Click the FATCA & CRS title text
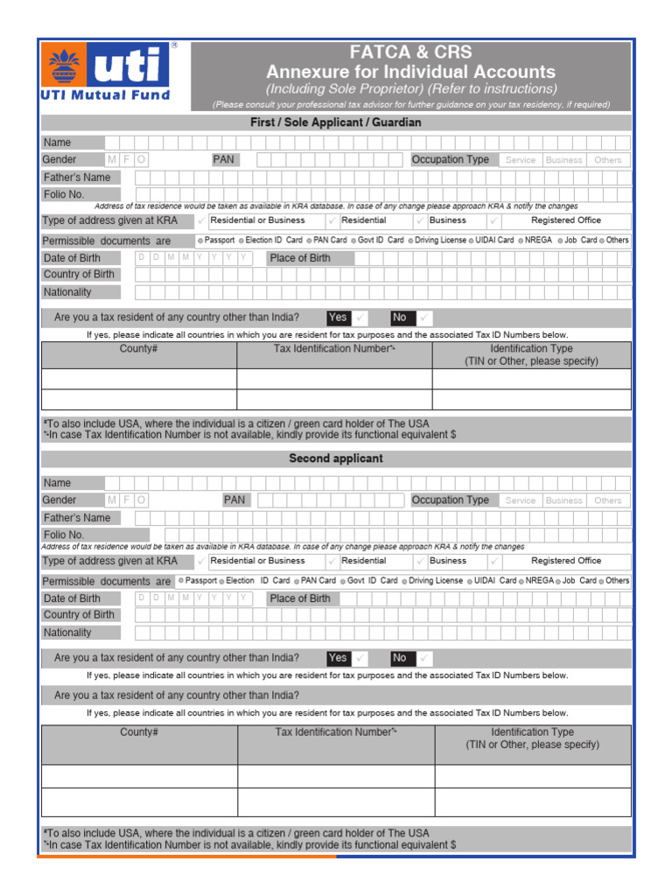[x=410, y=52]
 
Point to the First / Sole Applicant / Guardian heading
[x=335, y=122]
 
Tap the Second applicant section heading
[x=335, y=458]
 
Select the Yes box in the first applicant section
[x=338, y=318]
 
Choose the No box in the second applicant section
[x=400, y=658]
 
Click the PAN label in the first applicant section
[x=223, y=159]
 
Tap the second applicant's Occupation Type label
[x=451, y=500]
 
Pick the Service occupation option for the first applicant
[x=520, y=160]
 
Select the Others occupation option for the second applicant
[x=607, y=500]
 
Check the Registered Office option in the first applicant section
[x=566, y=220]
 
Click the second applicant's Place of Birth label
[x=300, y=598]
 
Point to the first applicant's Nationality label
[x=67, y=292]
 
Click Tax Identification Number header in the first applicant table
[x=334, y=348]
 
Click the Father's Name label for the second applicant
[x=77, y=518]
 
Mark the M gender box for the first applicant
[x=111, y=160]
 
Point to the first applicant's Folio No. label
[x=64, y=194]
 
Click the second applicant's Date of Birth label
[x=72, y=598]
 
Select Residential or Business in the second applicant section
[x=257, y=561]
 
